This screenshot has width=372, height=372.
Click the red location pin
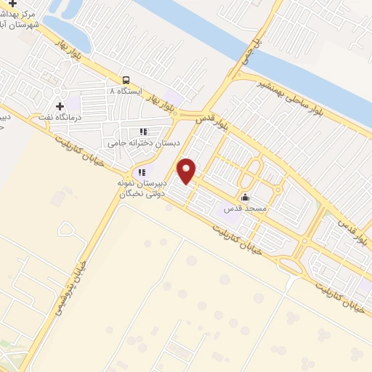pyautogui.click(x=187, y=171)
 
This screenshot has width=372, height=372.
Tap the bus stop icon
pyautogui.click(x=126, y=80)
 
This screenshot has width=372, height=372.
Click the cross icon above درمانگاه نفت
pyautogui.click(x=60, y=106)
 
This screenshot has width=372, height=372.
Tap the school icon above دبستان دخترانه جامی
pyautogui.click(x=142, y=132)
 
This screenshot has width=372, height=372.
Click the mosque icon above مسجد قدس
pyautogui.click(x=245, y=196)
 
